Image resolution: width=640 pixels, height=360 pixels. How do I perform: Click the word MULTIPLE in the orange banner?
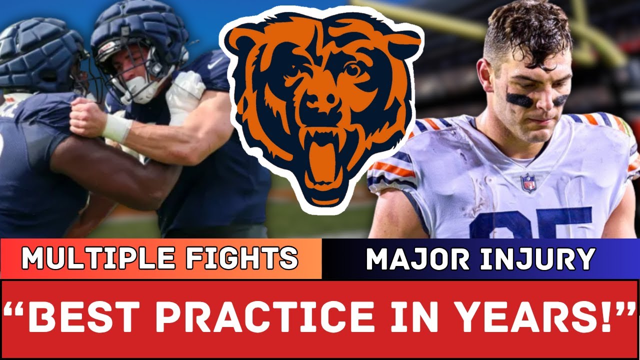pos(97,258)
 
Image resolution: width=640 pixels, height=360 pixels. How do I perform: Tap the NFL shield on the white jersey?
pos(528,183)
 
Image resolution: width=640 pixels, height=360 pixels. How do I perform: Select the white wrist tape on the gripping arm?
pos(116,128)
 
